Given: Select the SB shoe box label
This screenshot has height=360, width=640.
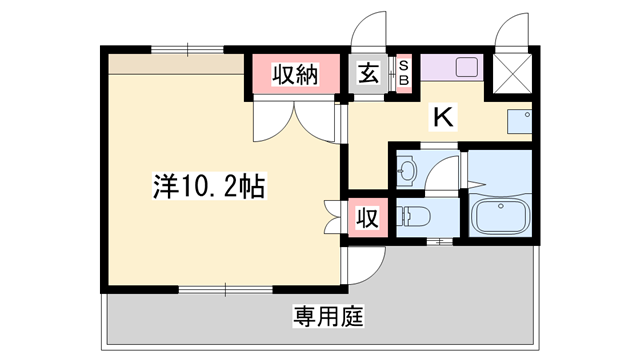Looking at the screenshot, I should tap(404, 73).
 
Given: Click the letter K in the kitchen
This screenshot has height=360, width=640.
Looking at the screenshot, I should tap(443, 117).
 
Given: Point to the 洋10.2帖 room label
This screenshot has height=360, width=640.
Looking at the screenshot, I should tap(209, 186).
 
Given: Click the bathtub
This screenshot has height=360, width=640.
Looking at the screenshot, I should tap(500, 217).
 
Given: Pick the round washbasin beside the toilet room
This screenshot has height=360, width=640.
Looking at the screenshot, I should tap(407, 171).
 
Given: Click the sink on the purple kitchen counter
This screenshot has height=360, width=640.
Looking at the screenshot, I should tap(468, 67).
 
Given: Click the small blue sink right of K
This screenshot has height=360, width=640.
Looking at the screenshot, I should tap(519, 121).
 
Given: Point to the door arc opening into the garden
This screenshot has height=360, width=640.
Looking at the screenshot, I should tap(366, 263).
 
